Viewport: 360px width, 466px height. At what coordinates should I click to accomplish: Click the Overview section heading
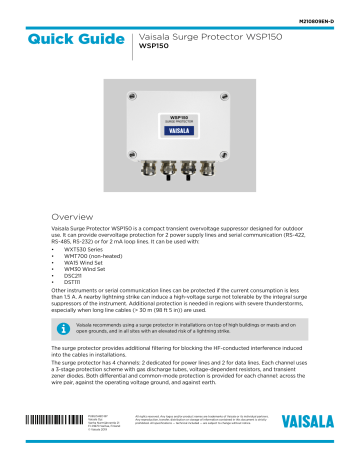[x=74, y=214]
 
